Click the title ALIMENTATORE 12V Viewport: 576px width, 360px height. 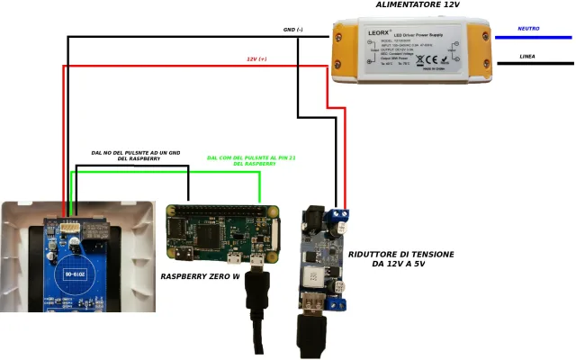point(418,6)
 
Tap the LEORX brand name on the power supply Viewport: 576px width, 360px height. point(380,32)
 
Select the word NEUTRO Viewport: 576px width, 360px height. point(528,29)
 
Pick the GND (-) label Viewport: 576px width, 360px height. point(293,29)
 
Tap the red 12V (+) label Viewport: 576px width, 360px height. point(257,58)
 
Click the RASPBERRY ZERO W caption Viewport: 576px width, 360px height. point(200,276)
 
